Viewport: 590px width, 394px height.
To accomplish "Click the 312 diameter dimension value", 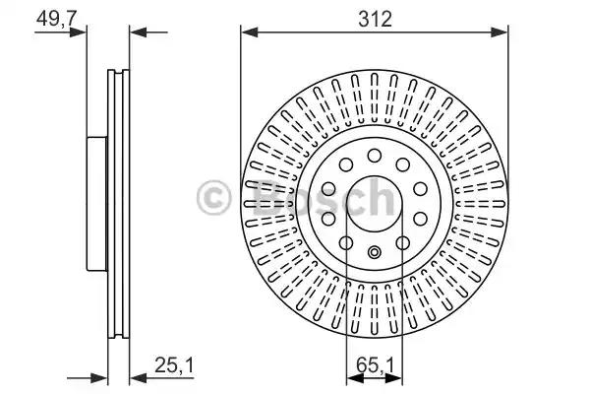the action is point(375,19).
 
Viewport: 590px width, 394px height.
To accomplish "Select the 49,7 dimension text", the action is point(56,18).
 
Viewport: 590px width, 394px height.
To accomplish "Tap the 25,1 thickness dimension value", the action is point(174,365).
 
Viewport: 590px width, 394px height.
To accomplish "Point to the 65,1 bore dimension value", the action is point(375,365).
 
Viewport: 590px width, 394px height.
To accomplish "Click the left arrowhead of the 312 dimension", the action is point(250,33).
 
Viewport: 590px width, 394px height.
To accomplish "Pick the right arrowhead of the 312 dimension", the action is point(500,33).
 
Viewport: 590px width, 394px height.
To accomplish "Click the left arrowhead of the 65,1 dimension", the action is point(355,379).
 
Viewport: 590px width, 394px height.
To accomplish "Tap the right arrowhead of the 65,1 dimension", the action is point(393,379).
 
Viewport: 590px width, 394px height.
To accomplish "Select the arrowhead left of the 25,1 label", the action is point(138,379).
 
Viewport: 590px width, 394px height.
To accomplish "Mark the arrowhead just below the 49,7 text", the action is point(79,33).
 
